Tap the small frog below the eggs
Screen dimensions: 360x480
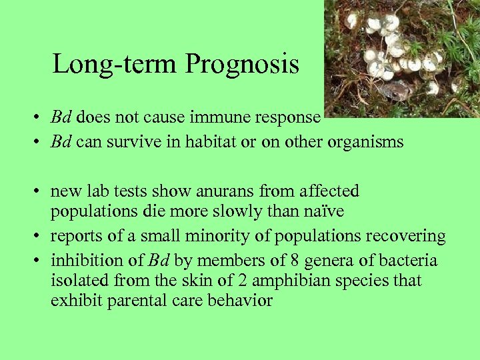393,90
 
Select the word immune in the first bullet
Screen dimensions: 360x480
218,117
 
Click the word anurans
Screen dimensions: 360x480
224,191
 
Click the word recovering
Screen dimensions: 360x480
407,237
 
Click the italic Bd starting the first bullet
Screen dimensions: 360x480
61,117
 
